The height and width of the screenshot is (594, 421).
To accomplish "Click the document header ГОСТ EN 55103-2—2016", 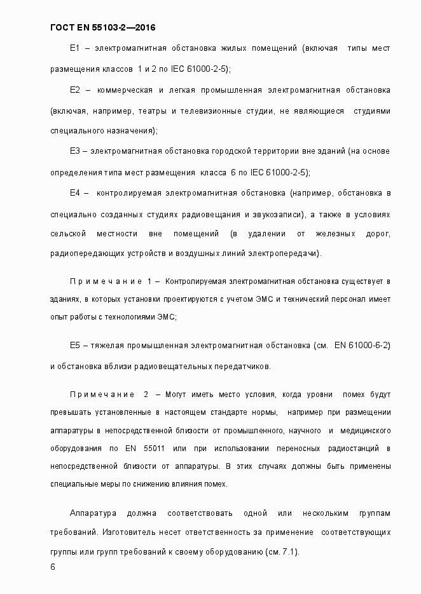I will click(x=103, y=27).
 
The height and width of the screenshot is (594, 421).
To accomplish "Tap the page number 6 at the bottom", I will click(x=53, y=567).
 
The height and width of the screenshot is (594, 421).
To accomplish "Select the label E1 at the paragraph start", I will click(x=74, y=48).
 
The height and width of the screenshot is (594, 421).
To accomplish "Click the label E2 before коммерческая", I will click(x=74, y=90).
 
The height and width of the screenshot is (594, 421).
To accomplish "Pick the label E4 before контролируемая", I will click(x=74, y=192).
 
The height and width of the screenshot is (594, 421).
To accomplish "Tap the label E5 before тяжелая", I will click(x=74, y=346).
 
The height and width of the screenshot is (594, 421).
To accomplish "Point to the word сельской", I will click(x=67, y=234).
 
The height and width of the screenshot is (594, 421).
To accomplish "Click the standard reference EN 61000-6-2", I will click(x=362, y=346).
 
